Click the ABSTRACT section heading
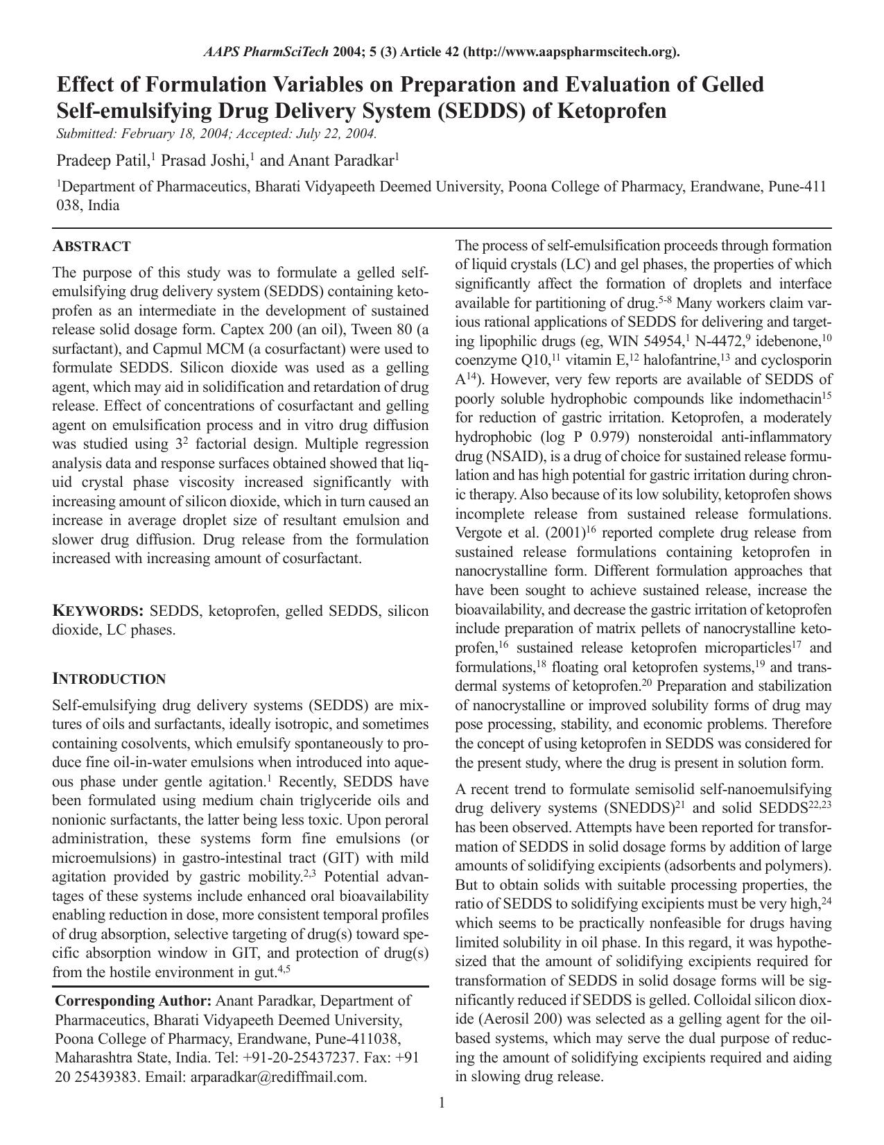[x=92, y=246]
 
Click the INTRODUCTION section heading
[x=109, y=679]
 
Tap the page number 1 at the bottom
[x=442, y=1103]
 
